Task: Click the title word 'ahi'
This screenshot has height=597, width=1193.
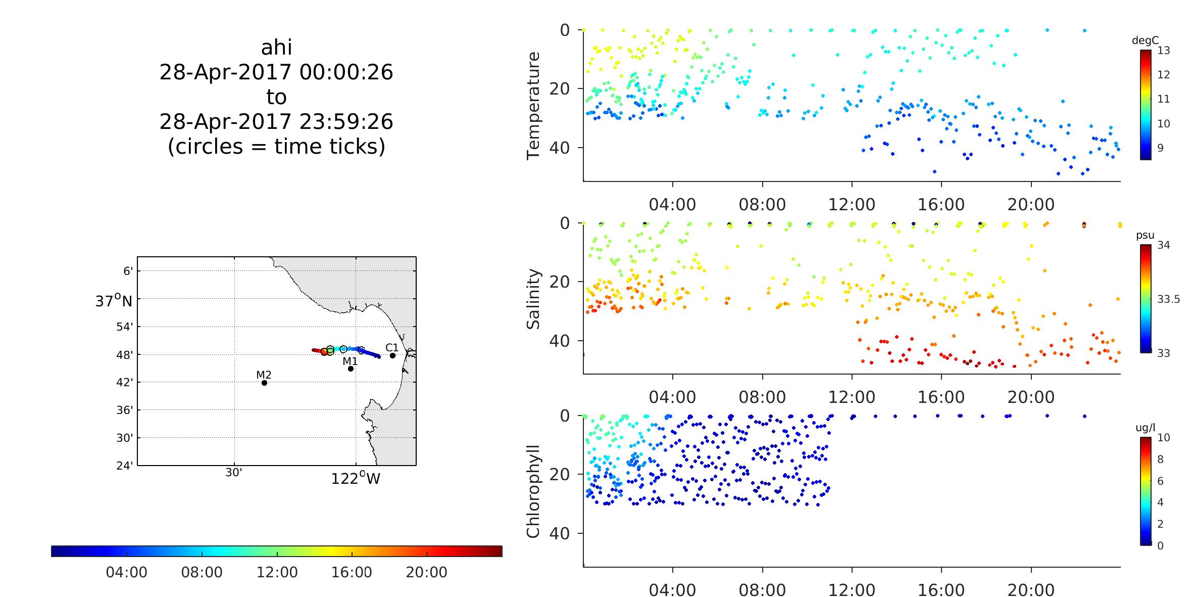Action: coord(276,48)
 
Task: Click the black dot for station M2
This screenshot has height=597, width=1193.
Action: coord(264,383)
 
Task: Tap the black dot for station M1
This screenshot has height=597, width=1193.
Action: coord(351,369)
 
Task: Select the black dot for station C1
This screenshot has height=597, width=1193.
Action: coord(392,355)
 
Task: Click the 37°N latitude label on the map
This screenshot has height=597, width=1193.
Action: coord(114,301)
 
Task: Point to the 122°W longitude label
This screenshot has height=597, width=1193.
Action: coord(356,478)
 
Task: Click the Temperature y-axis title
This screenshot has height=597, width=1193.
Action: coord(533,106)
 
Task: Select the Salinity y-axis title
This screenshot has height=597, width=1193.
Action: coord(533,299)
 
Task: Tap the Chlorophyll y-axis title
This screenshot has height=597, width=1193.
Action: coord(533,491)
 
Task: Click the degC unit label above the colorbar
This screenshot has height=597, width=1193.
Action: coord(1145,41)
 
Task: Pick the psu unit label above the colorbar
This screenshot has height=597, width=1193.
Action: coord(1145,235)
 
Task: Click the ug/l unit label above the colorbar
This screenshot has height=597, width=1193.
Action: coord(1145,428)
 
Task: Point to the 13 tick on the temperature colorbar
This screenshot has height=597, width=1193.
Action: coord(1164,51)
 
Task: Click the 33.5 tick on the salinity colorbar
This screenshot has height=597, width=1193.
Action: coord(1168,299)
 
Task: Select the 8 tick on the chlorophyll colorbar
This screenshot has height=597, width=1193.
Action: coord(1160,459)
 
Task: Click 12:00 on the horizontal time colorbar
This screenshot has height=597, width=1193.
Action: coord(277,572)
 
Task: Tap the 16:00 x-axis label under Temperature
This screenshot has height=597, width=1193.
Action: coord(941,205)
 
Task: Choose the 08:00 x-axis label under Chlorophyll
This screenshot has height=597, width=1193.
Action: coord(762,590)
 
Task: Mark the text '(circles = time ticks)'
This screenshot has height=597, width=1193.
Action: coord(276,146)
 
